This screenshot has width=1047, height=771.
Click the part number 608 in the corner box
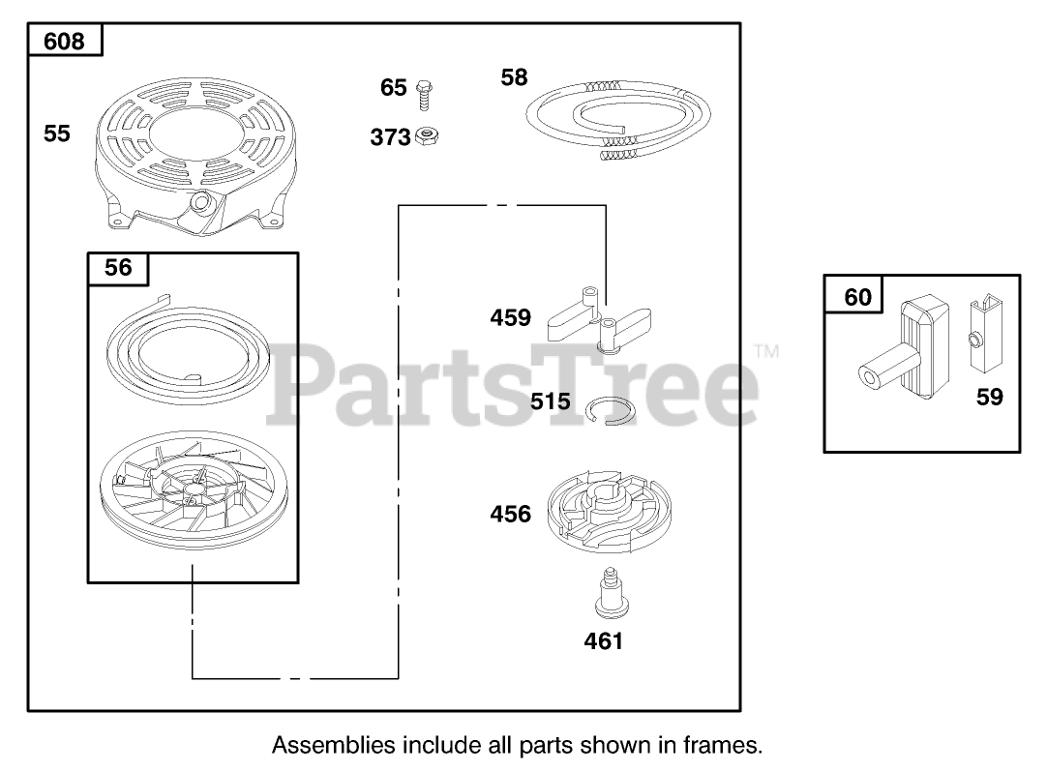[x=64, y=41]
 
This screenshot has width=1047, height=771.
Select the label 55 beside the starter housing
[x=57, y=133]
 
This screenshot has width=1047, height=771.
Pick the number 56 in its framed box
[x=118, y=266]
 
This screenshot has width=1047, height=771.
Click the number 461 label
[x=603, y=639]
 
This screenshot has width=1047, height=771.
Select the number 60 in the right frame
[x=857, y=297]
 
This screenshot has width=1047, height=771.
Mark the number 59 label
[x=989, y=397]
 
